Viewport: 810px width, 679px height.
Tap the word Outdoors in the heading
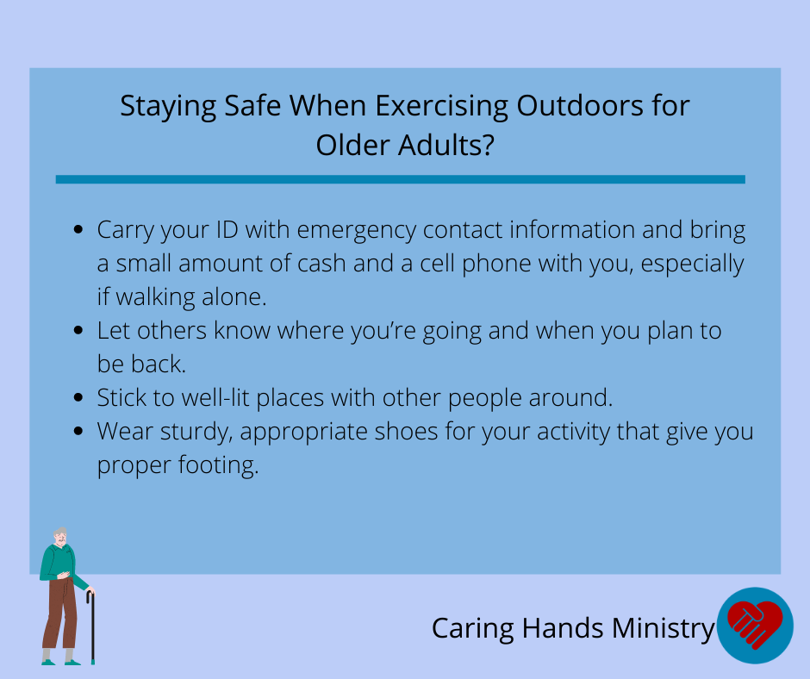point(580,105)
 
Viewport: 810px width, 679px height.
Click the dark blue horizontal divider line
point(401,179)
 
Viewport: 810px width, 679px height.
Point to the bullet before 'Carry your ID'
point(78,229)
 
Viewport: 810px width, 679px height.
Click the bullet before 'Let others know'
point(78,330)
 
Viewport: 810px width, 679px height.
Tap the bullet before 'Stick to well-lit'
point(78,397)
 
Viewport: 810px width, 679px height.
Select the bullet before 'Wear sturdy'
point(78,431)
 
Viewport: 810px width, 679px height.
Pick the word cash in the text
point(321,264)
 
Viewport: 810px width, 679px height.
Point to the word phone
point(496,265)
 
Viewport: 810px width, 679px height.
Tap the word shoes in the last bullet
point(406,432)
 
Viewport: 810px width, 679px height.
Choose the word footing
point(219,465)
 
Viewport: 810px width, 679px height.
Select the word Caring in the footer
point(473,629)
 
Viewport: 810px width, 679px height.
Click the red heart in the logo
point(755,623)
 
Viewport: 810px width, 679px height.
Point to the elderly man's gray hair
point(60,533)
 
